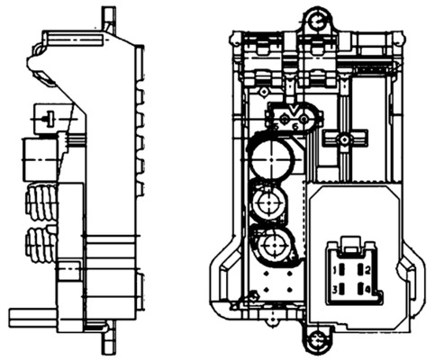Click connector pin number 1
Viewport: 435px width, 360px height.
(x=334, y=269)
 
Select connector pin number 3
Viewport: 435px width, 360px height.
(x=334, y=289)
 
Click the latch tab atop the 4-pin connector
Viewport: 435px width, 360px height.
(x=352, y=243)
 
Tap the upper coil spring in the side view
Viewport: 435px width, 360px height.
(x=41, y=202)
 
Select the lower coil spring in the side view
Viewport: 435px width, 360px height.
(x=41, y=243)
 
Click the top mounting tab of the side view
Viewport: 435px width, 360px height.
(x=109, y=15)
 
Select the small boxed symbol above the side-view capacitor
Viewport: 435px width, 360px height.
(x=45, y=116)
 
